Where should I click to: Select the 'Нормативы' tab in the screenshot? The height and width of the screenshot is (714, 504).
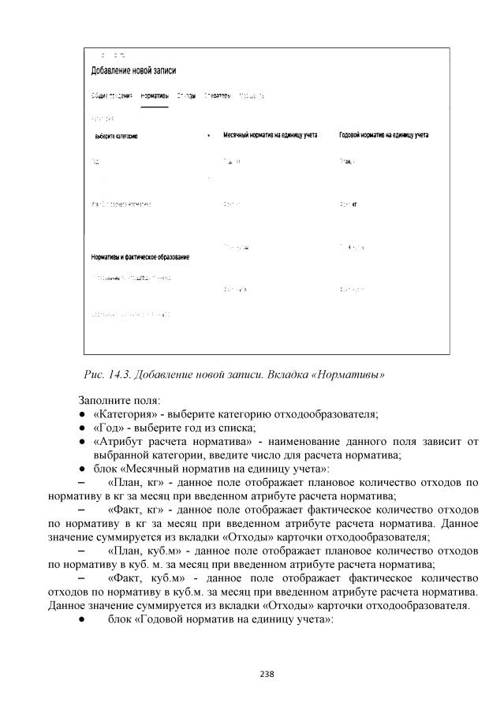click(x=154, y=95)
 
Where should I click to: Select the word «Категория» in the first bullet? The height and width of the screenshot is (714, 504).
click(x=126, y=415)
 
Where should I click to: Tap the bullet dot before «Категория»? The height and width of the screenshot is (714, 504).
click(x=82, y=416)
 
